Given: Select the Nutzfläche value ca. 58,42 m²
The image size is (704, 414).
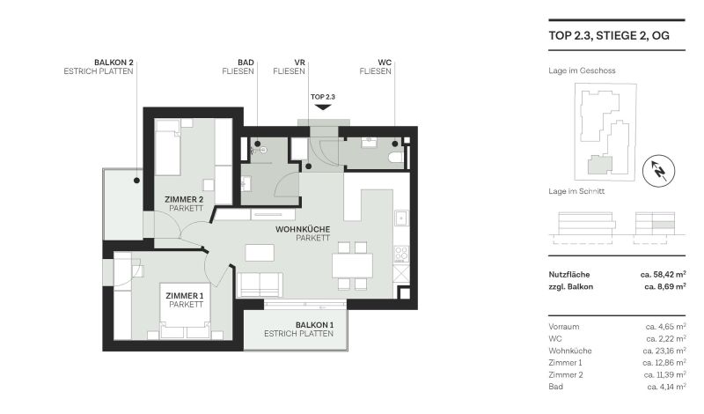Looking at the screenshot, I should (x=663, y=275).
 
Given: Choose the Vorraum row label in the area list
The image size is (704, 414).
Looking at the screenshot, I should (x=564, y=327).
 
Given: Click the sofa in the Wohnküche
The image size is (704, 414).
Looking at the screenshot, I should (x=259, y=285).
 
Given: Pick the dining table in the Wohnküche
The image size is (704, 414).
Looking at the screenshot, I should (x=352, y=265).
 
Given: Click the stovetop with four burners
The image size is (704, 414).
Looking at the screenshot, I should (x=400, y=254).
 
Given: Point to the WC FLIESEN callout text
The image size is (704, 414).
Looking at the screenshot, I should (x=376, y=66).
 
